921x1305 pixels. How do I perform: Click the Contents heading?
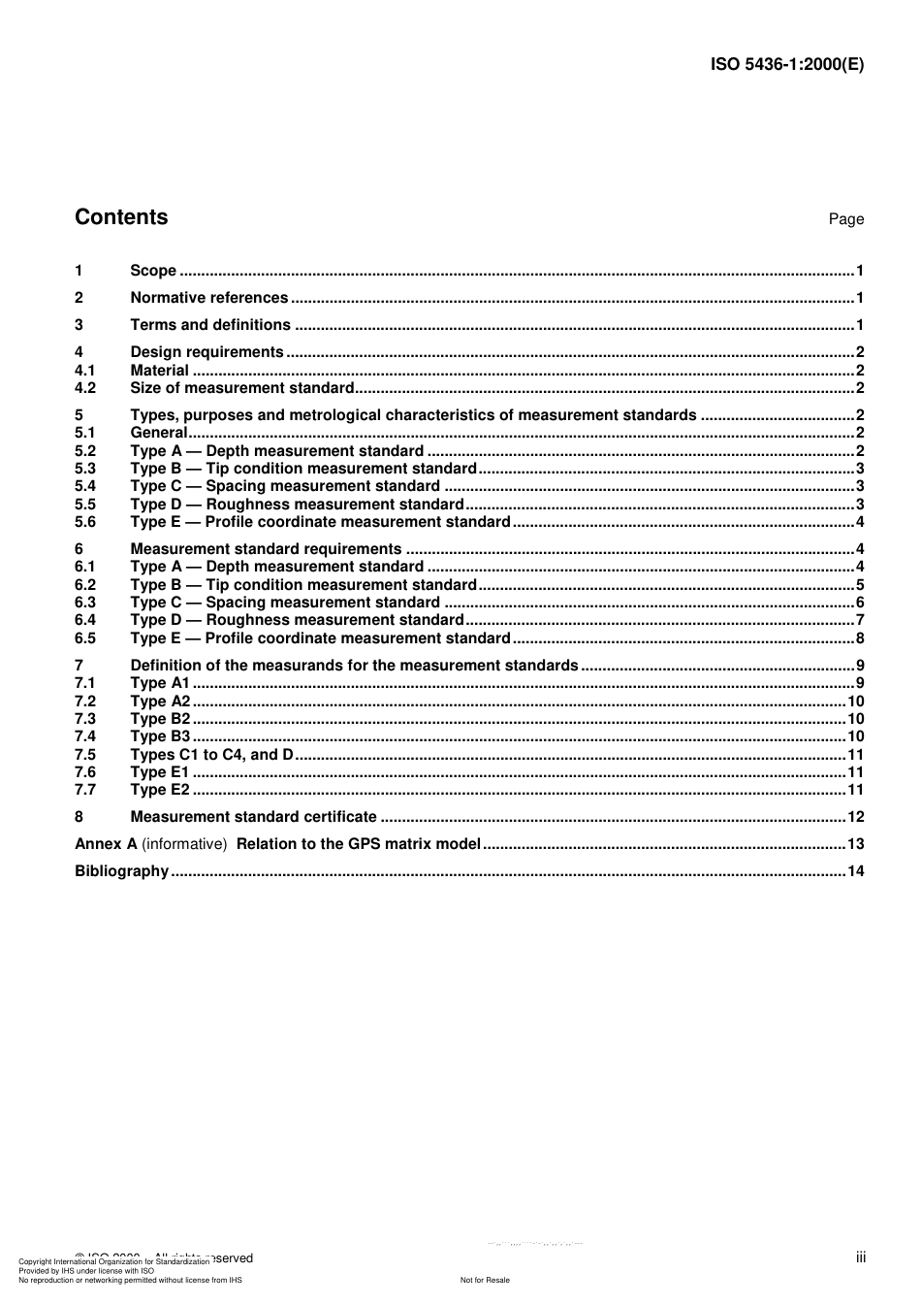point(121,217)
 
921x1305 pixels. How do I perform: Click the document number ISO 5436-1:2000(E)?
point(787,65)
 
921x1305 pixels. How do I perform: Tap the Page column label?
point(845,219)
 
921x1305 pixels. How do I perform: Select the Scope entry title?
point(153,271)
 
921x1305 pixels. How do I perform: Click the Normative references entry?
point(208,298)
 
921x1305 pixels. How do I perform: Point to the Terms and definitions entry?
point(210,325)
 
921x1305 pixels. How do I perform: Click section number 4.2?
point(85,388)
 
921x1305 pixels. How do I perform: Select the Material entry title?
point(159,371)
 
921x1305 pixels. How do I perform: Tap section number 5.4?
point(85,486)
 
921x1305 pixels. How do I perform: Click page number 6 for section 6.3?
point(859,603)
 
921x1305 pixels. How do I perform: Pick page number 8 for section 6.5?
point(859,638)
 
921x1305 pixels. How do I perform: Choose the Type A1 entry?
point(160,683)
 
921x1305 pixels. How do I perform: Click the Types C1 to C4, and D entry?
point(211,755)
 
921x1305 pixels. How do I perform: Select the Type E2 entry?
point(160,790)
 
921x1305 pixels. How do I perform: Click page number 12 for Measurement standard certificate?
point(855,817)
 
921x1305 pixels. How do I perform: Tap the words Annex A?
point(106,844)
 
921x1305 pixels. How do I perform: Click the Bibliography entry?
point(121,871)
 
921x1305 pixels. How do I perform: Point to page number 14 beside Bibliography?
point(855,871)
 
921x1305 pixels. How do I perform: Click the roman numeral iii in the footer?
point(860,1258)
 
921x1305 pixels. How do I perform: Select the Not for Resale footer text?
point(485,1280)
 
